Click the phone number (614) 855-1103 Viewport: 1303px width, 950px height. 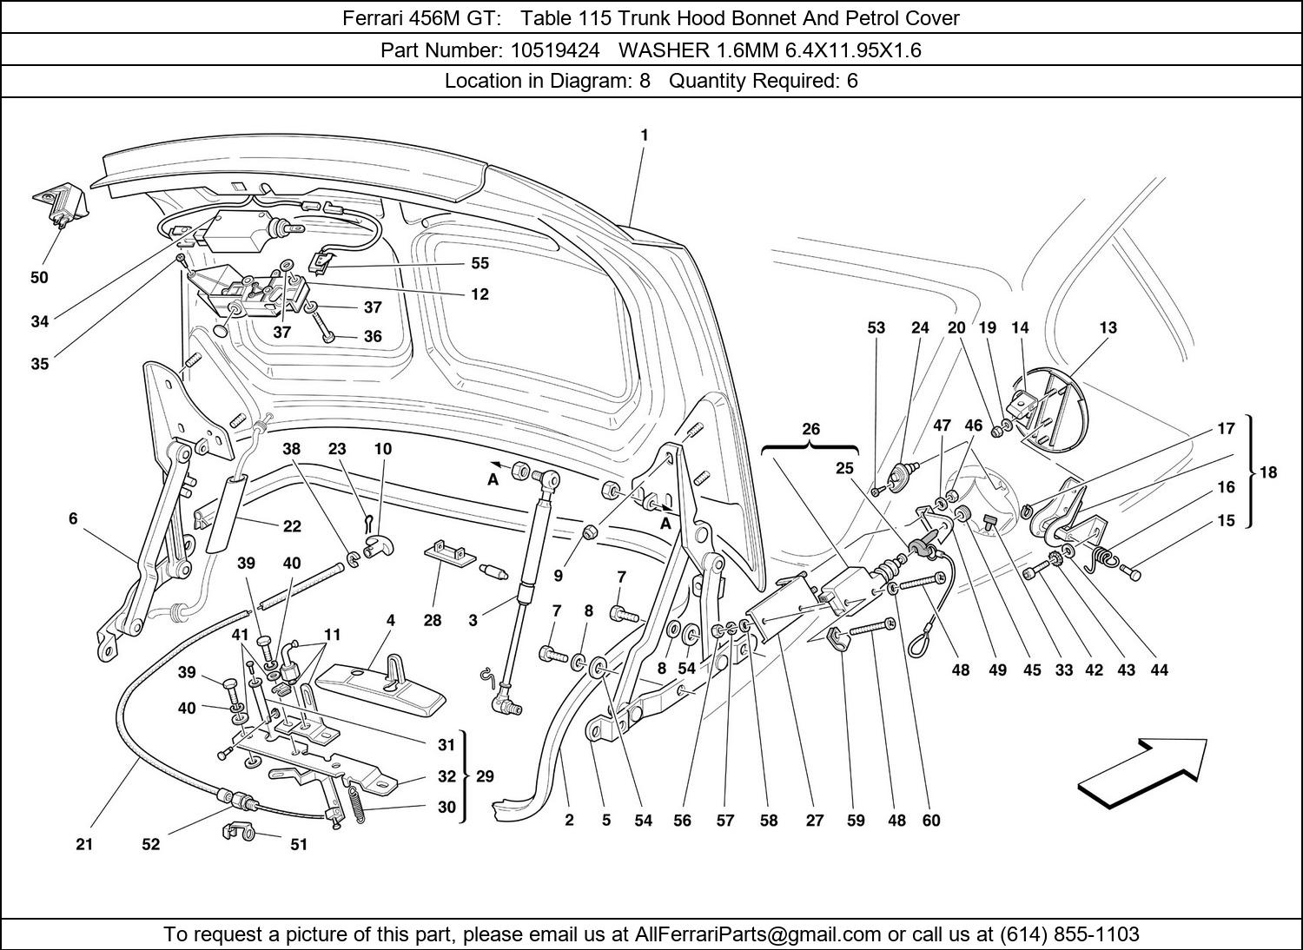pyautogui.click(x=1069, y=934)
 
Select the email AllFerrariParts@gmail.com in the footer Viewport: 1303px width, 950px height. pyautogui.click(x=758, y=934)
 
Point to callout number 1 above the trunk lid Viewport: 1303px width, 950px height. pyautogui.click(x=644, y=135)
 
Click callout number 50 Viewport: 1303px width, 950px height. pyautogui.click(x=39, y=278)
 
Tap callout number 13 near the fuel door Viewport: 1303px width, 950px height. pyautogui.click(x=1108, y=328)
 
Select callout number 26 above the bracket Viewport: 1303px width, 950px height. pyautogui.click(x=810, y=430)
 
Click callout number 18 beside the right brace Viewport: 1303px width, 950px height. pyautogui.click(x=1268, y=472)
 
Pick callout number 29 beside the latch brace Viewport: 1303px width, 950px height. pyautogui.click(x=486, y=775)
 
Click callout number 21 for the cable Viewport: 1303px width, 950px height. pyautogui.click(x=84, y=843)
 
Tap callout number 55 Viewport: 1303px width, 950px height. pyautogui.click(x=480, y=263)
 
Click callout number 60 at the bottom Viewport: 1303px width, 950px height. pyautogui.click(x=931, y=821)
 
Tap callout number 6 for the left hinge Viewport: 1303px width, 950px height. pyautogui.click(x=73, y=519)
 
